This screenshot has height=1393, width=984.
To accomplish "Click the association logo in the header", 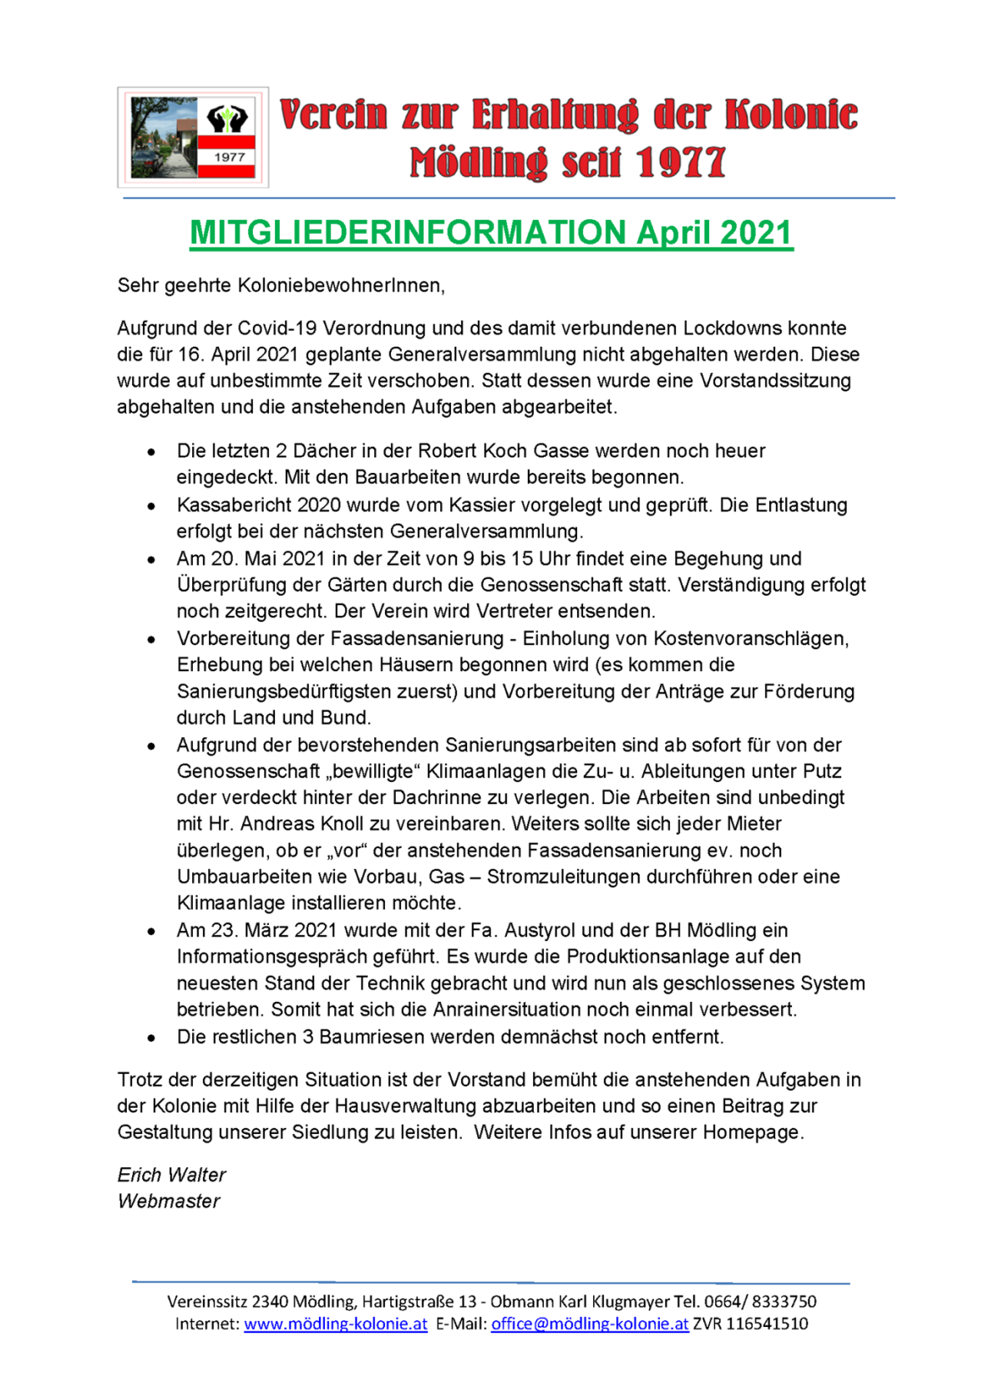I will [x=193, y=137].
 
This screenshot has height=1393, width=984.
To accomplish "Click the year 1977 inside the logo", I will [x=229, y=157].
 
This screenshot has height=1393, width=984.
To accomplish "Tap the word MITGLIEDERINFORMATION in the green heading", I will [x=408, y=233].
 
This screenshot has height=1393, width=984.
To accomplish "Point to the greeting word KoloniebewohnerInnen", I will [x=340, y=286].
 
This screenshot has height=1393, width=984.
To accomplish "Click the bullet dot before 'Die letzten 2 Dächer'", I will [x=151, y=452].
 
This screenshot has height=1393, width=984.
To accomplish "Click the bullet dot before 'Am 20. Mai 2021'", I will [x=151, y=560].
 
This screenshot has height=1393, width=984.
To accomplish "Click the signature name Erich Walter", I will [x=171, y=1175].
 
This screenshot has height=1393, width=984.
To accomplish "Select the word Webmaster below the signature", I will [x=169, y=1202].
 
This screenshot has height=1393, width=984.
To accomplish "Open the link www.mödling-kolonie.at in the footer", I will [x=335, y=1324].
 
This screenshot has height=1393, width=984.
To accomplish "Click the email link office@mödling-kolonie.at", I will [x=590, y=1324].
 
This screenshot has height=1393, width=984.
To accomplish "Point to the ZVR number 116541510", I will [x=767, y=1324].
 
